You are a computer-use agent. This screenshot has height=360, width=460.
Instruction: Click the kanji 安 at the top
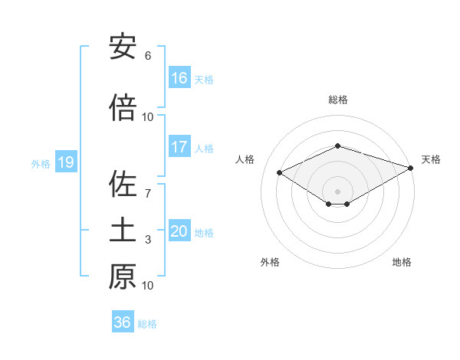(123, 48)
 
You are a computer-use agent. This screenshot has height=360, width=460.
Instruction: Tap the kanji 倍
(123, 109)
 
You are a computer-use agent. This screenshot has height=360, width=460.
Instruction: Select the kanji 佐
(123, 185)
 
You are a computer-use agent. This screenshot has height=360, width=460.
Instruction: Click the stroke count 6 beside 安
(148, 56)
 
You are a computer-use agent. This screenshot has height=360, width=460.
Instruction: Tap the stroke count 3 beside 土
(148, 240)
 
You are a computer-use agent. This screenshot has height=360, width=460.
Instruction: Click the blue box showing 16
(179, 78)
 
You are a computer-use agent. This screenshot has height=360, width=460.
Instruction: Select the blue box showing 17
(179, 147)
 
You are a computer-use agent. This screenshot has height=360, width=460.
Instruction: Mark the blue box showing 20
(179, 231)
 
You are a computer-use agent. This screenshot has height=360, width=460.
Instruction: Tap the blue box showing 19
(65, 162)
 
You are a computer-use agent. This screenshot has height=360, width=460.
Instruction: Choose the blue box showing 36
(123, 322)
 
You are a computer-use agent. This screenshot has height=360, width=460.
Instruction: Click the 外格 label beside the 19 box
(41, 163)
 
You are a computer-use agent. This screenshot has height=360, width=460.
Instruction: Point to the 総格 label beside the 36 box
(147, 323)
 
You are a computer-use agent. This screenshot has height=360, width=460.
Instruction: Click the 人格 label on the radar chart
(245, 159)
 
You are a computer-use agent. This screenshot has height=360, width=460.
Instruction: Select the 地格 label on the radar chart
(402, 262)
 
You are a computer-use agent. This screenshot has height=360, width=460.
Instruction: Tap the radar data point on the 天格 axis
(412, 168)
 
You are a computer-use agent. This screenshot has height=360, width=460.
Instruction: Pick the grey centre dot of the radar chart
(337, 190)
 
